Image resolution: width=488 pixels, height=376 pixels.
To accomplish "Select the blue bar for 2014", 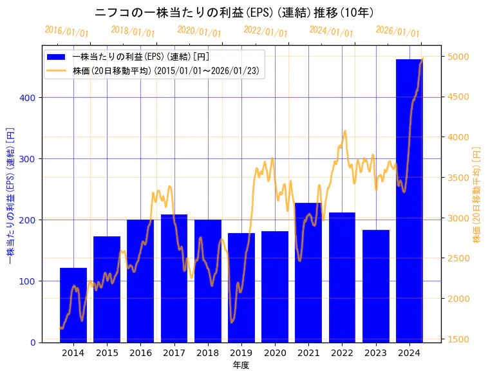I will coord(73,305).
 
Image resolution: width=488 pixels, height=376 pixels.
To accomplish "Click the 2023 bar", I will coord(376,286).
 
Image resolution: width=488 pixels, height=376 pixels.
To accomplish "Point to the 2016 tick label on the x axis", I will coord(140,353).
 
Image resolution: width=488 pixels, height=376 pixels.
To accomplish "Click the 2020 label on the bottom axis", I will coord(275,353).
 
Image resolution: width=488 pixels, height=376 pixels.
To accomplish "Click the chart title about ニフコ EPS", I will coord(235,13).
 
